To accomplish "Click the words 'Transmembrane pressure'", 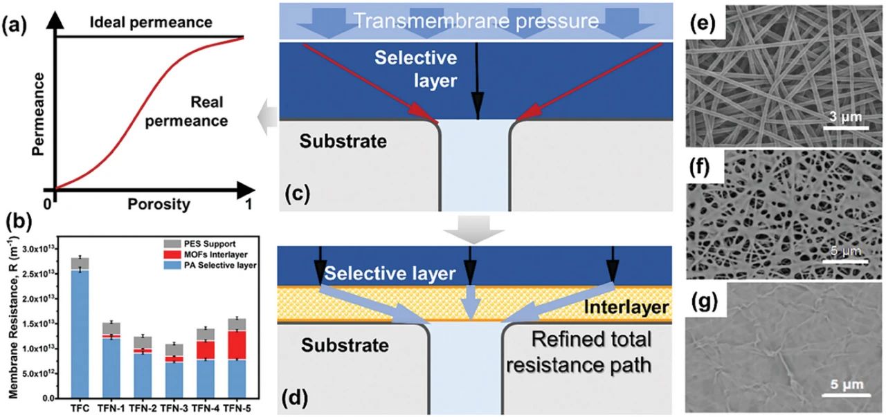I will coord(477,21).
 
